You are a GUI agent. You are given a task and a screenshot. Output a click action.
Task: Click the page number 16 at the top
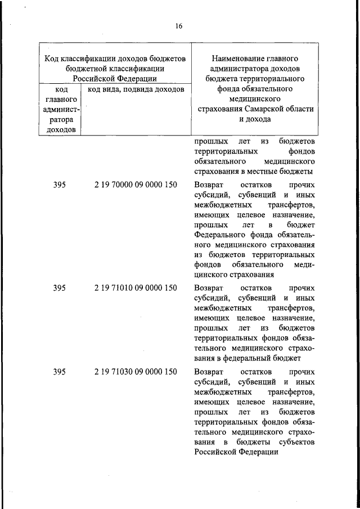click(178, 26)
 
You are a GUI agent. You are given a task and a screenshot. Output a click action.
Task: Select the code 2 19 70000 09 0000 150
click(136, 185)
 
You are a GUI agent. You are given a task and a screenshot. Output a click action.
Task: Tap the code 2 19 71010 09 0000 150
click(136, 288)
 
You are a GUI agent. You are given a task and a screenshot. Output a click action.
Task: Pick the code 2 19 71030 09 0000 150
click(136, 372)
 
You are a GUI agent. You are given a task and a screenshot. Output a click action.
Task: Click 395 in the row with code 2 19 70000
click(60, 185)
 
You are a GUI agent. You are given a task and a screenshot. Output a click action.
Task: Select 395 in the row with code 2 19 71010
click(60, 288)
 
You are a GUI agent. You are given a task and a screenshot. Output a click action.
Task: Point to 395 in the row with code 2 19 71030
click(60, 372)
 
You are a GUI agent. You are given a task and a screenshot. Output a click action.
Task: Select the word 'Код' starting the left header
click(52, 58)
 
